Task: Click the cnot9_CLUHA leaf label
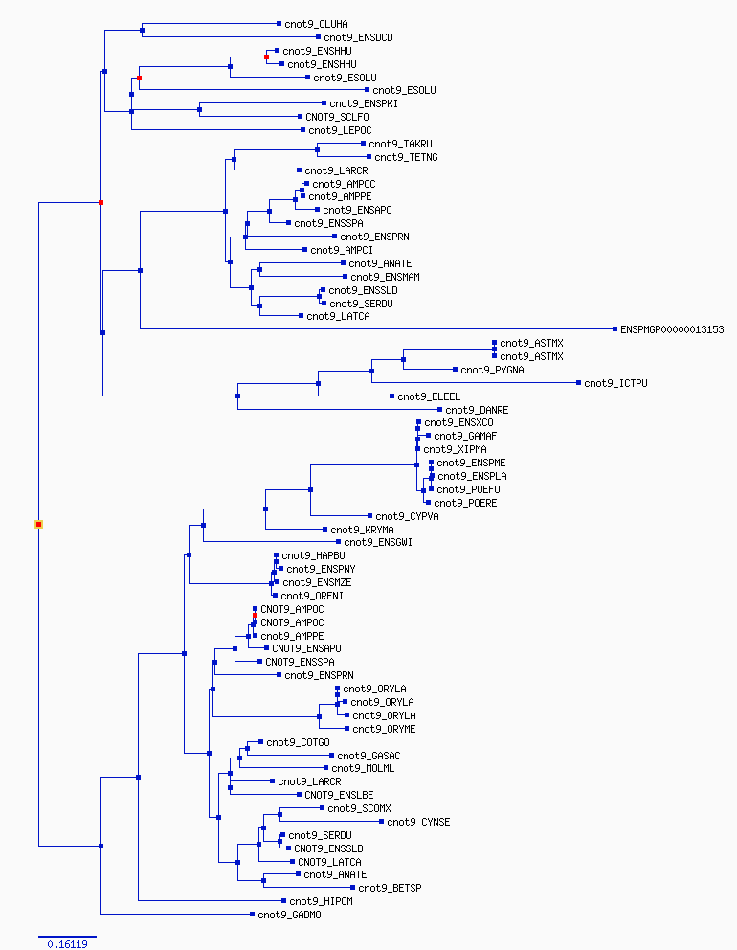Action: pyautogui.click(x=317, y=23)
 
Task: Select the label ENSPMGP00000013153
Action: pyautogui.click(x=672, y=329)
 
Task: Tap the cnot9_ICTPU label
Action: pyautogui.click(x=615, y=383)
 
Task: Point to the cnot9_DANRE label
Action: pyautogui.click(x=477, y=410)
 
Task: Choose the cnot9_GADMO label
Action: pyautogui.click(x=289, y=915)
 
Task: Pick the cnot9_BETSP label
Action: pyautogui.click(x=392, y=888)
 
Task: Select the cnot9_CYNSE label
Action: pyautogui.click(x=418, y=822)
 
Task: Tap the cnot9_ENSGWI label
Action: pyautogui.click(x=377, y=543)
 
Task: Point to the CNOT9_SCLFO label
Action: pyautogui.click(x=337, y=117)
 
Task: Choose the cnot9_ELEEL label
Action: pyautogui.click(x=429, y=396)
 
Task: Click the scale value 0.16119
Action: pyautogui.click(x=67, y=944)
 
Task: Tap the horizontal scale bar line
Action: pyautogui.click(x=67, y=936)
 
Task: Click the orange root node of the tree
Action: pyautogui.click(x=39, y=524)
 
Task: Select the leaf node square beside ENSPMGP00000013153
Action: pyautogui.click(x=614, y=328)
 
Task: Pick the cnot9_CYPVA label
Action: pyautogui.click(x=407, y=516)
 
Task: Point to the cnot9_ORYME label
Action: pyautogui.click(x=384, y=729)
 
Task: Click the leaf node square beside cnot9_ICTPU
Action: pyautogui.click(x=577, y=383)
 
